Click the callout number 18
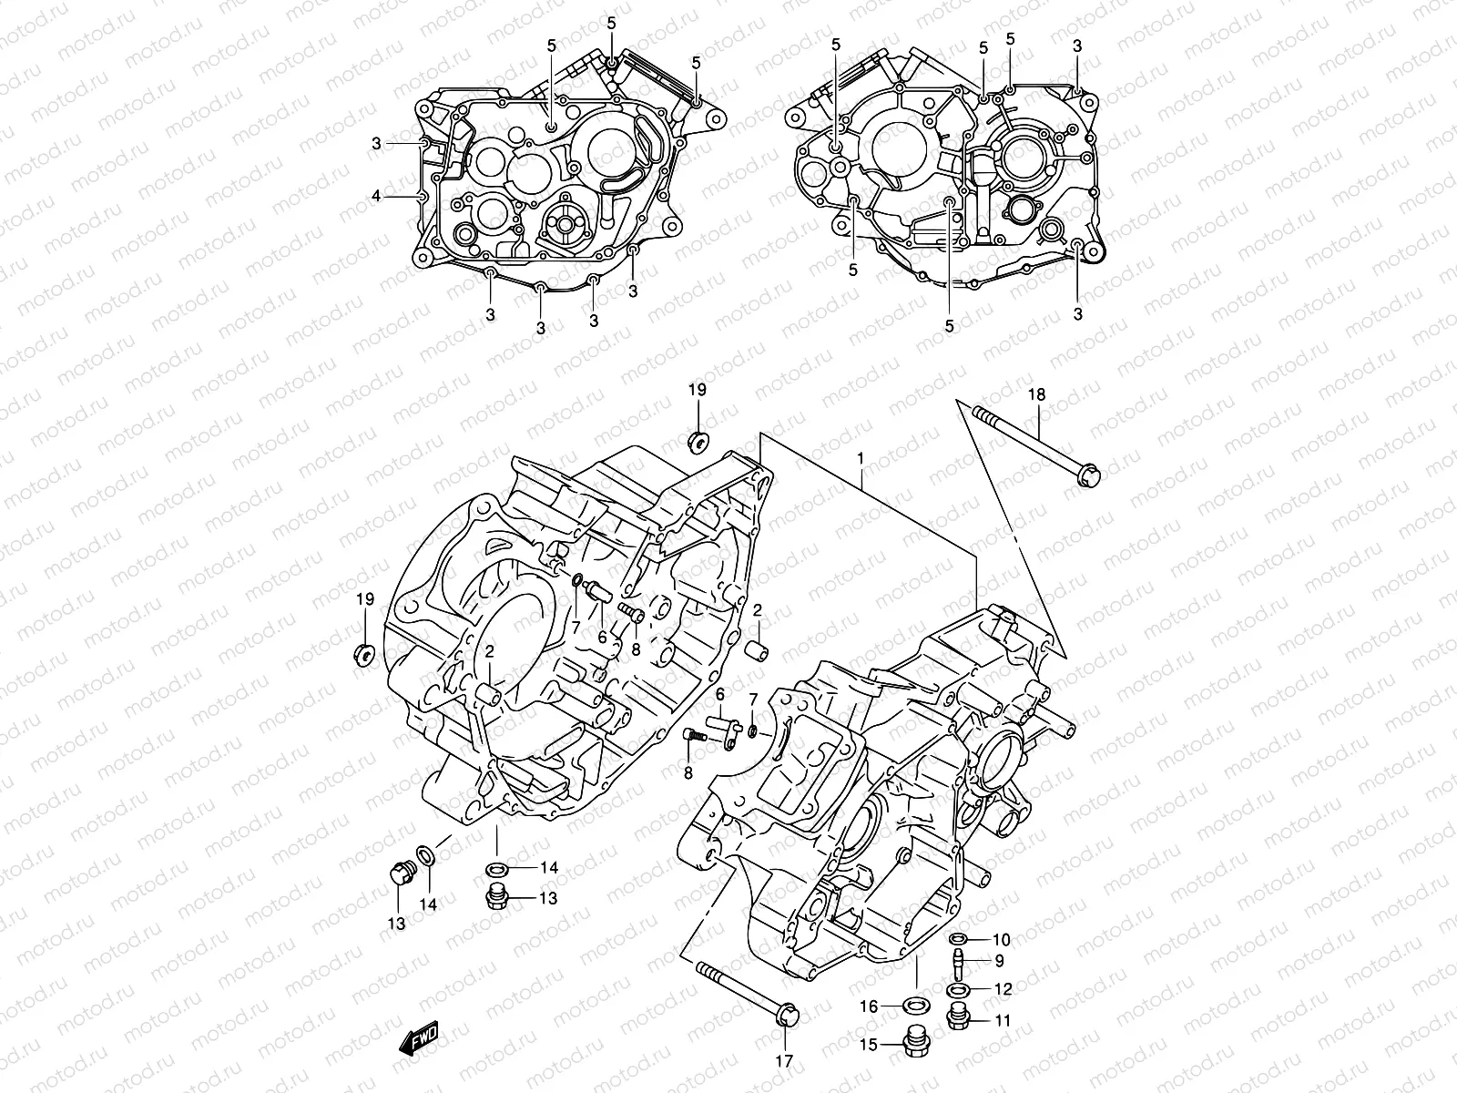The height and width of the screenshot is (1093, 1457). [1036, 394]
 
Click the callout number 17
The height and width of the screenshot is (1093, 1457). [784, 1060]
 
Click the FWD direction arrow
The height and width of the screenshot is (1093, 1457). [417, 1037]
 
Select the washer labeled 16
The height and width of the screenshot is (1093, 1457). [916, 1006]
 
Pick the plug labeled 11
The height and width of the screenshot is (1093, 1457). [958, 1016]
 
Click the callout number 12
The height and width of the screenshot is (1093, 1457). [1002, 989]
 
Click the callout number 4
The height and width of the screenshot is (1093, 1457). [375, 195]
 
